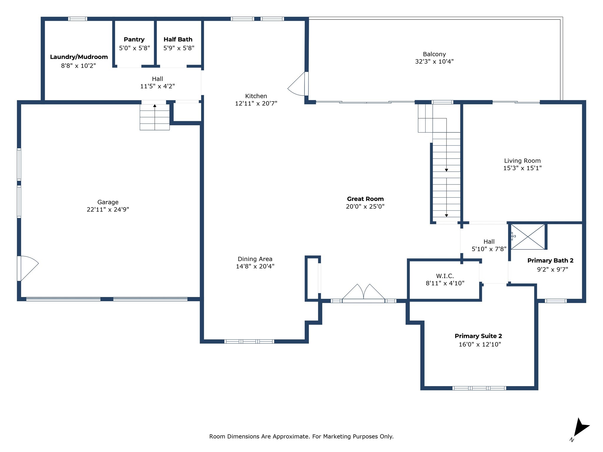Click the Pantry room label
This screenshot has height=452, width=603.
[x=134, y=39]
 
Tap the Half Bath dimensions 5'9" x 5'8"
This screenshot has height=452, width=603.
[x=179, y=48]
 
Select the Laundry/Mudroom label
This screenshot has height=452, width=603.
[x=79, y=57]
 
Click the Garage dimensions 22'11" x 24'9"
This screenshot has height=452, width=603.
[x=108, y=210]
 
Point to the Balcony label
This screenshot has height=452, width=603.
[x=434, y=54]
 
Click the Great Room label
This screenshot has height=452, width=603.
[x=365, y=199]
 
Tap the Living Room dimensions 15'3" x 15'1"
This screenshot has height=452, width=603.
[x=522, y=168]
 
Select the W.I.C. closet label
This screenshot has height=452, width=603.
[x=445, y=276]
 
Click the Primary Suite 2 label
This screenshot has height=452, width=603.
[x=478, y=336]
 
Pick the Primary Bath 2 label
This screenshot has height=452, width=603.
[x=550, y=260]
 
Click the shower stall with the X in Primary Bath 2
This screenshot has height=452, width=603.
[x=528, y=237]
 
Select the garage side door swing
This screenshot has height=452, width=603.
[x=28, y=268]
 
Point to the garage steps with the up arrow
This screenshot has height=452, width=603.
[x=155, y=117]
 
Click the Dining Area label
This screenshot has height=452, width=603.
[x=255, y=259]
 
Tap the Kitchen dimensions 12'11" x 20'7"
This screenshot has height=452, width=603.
[x=256, y=103]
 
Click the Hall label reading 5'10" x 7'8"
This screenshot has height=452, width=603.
[x=489, y=242]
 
